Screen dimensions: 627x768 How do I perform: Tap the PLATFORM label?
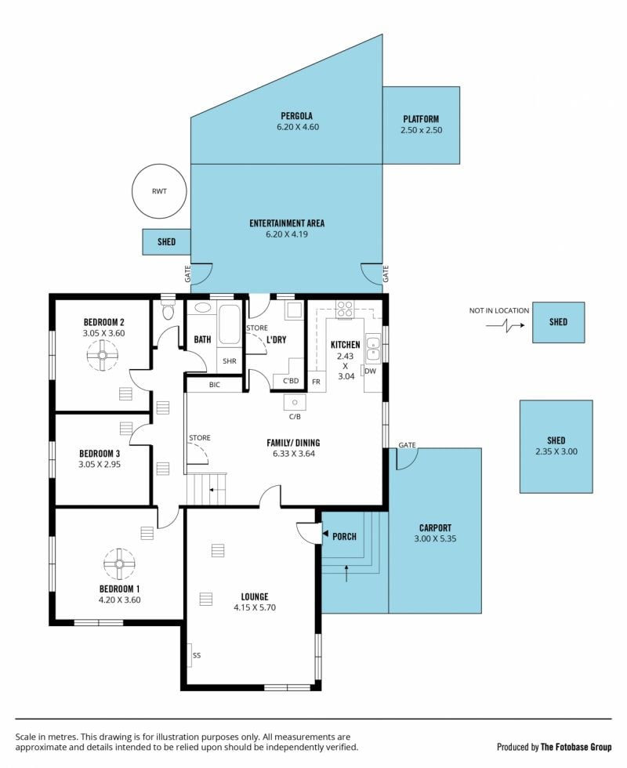(421, 119)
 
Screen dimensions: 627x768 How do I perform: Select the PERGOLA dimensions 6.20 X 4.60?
(297, 127)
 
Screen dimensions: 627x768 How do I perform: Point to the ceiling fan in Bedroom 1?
(119, 563)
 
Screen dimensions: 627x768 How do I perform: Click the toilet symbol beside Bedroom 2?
(168, 310)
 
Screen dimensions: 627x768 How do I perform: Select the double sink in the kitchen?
(373, 348)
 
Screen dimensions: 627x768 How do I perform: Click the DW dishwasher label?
(370, 371)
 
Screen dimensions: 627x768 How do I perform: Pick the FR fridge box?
(317, 382)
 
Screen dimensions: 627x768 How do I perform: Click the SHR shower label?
(229, 361)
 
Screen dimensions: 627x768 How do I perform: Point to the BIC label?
(215, 385)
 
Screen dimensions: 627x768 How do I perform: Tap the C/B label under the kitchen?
(295, 417)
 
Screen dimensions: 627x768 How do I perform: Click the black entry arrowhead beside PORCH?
(324, 535)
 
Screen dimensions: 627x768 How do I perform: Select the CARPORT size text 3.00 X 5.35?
(435, 538)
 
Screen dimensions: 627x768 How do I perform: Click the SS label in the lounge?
(197, 655)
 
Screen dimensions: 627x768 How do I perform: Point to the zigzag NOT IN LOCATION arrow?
(505, 325)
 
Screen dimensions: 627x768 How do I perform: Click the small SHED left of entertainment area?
(166, 241)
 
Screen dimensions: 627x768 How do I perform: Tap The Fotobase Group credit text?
(576, 747)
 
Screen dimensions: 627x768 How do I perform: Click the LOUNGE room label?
(255, 596)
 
